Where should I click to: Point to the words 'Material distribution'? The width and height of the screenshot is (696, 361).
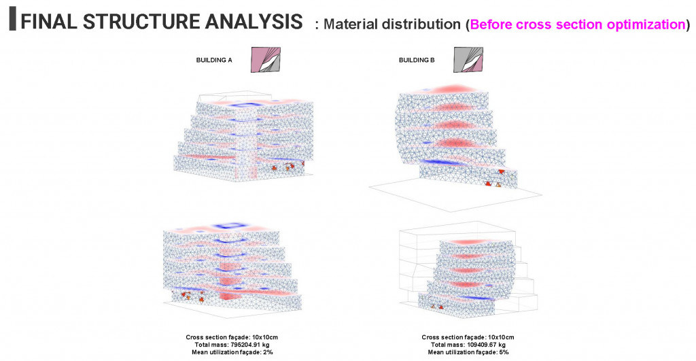click(392, 25)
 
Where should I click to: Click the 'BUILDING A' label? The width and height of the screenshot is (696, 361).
click(214, 61)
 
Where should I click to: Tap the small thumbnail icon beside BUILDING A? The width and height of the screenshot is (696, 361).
click(266, 59)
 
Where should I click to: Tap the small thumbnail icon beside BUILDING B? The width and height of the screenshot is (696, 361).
click(468, 59)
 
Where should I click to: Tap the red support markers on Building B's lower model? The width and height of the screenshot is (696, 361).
click(436, 307)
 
